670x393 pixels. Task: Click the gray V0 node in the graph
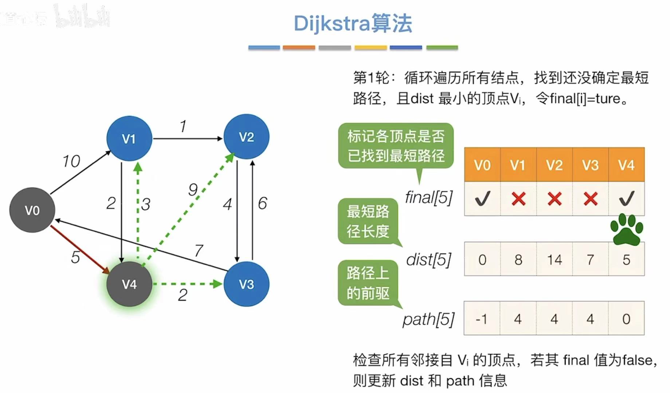[x=32, y=210]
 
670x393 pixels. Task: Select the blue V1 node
[x=129, y=138]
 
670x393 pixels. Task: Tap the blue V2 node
[x=246, y=137]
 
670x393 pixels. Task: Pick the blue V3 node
[x=246, y=284]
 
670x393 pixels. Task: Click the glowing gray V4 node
[x=129, y=284]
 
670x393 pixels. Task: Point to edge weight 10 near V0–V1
[x=71, y=161]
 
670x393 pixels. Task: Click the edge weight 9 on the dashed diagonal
[x=193, y=189]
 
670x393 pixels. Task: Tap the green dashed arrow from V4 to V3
[x=187, y=284]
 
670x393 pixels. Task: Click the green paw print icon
[x=626, y=229]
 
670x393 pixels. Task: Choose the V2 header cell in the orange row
[x=554, y=165]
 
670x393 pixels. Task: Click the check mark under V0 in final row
[x=482, y=199]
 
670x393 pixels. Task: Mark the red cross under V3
[x=590, y=199]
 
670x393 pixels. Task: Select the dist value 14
[x=554, y=260]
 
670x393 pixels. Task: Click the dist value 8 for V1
[x=518, y=260]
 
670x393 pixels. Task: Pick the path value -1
[x=482, y=319]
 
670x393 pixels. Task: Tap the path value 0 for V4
[x=626, y=319]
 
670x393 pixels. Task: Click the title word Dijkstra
[x=332, y=24]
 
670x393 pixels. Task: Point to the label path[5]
[x=428, y=319]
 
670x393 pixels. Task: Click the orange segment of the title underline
[x=299, y=48]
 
